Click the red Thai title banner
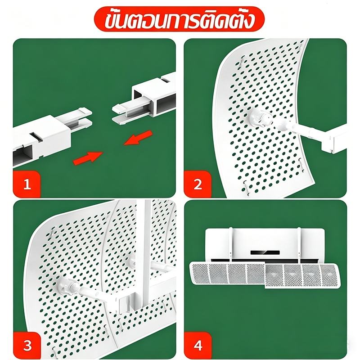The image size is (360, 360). pyautogui.click(x=179, y=19)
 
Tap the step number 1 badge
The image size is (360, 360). pyautogui.click(x=27, y=184)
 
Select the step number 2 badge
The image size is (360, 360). pyautogui.click(x=198, y=184)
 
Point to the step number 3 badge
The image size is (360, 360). pyautogui.click(x=27, y=345)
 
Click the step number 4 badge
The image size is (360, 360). pyautogui.click(x=198, y=345)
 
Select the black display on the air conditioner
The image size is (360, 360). pyautogui.click(x=265, y=252)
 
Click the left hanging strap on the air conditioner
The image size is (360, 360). pyautogui.click(x=231, y=245)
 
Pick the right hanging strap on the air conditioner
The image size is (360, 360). pyautogui.click(x=299, y=245)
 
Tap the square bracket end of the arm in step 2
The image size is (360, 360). pyautogui.click(x=333, y=142)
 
